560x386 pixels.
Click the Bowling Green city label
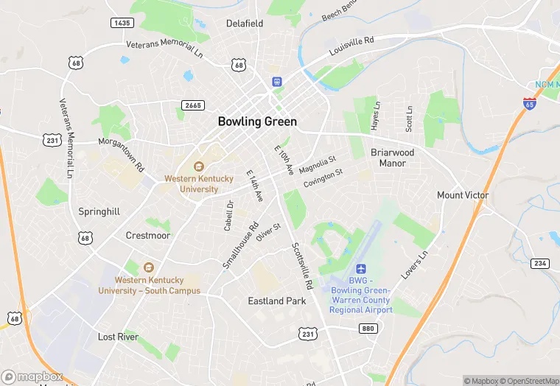pyautogui.click(x=257, y=122)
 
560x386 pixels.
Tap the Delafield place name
pyautogui.click(x=245, y=24)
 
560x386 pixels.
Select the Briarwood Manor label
pyautogui.click(x=392, y=158)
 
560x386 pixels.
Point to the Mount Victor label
pyautogui.click(x=463, y=195)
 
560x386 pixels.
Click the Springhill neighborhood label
pyautogui.click(x=99, y=211)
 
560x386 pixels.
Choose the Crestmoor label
pyautogui.click(x=147, y=236)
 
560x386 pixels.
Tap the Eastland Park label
pyautogui.click(x=276, y=301)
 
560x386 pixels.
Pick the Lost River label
pyautogui.click(x=118, y=337)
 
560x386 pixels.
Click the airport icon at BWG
pyautogui.click(x=361, y=270)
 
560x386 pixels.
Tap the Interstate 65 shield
pyautogui.click(x=529, y=103)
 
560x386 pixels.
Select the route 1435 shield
pyautogui.click(x=122, y=24)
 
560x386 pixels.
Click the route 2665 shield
pyautogui.click(x=194, y=105)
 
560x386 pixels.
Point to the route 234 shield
pyautogui.click(x=540, y=264)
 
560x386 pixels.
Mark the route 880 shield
pyautogui.click(x=368, y=329)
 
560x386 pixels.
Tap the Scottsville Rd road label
pyautogui.click(x=303, y=265)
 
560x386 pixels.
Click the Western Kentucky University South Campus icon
pyautogui.click(x=149, y=267)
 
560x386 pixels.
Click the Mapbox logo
pyautogui.click(x=32, y=376)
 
